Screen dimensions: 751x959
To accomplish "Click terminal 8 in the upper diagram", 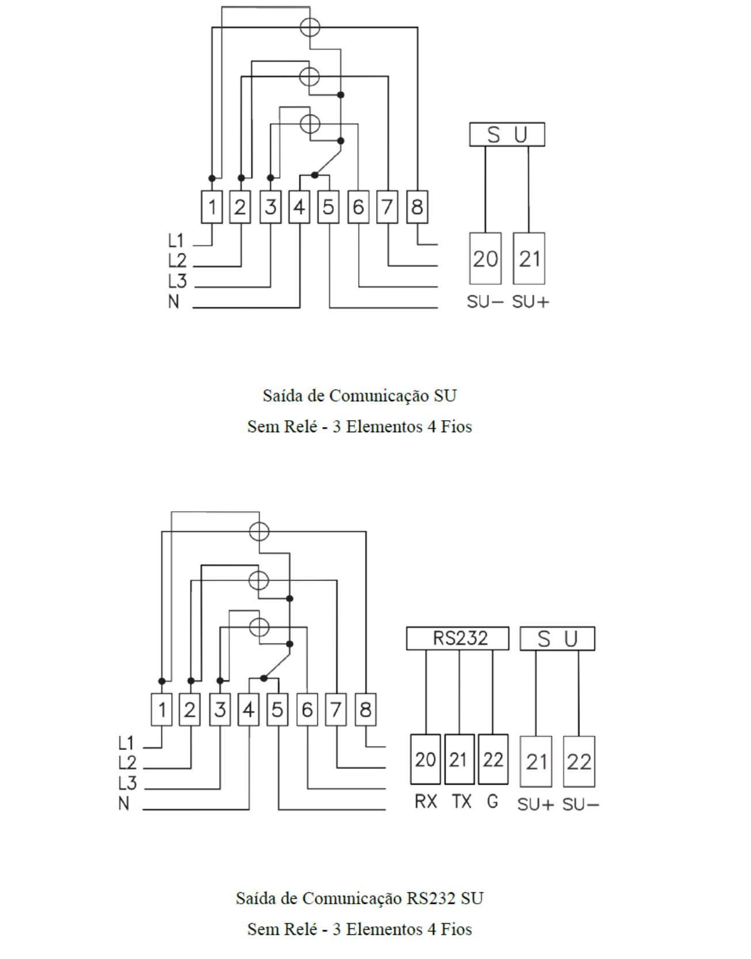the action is click(417, 207).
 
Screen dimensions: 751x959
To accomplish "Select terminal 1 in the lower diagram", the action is click(162, 709).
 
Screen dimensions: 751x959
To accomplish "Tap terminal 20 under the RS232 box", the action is click(426, 759).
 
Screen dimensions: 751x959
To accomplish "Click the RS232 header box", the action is click(458, 638).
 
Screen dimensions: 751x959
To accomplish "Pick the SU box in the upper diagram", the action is click(507, 134).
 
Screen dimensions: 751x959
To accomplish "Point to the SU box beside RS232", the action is click(557, 639).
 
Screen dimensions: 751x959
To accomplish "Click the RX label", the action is click(426, 801).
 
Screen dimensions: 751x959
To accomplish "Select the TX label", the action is click(461, 801).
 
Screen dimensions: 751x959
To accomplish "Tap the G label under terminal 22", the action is click(492, 801).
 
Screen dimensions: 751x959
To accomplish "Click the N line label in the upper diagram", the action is click(174, 301).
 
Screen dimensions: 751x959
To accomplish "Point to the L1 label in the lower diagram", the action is click(126, 743).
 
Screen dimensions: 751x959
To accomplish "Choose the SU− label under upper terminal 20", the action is click(485, 302).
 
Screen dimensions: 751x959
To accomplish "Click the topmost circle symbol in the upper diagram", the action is click(310, 27).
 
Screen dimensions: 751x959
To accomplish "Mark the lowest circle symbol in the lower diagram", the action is click(259, 627).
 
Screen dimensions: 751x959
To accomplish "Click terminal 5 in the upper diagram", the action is click(328, 207).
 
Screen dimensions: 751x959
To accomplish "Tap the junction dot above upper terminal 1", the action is click(212, 178).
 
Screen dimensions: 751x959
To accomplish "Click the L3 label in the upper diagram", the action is click(177, 281).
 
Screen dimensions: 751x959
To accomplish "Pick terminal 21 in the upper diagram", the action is click(529, 258).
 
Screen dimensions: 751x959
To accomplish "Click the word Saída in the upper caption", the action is click(280, 395).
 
